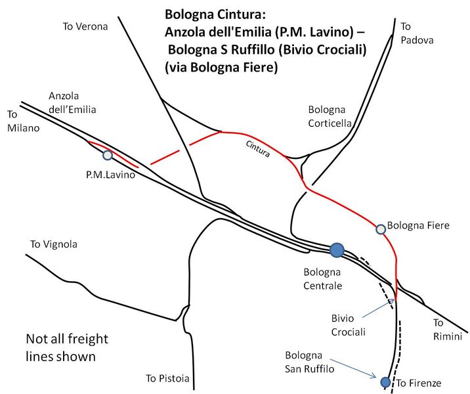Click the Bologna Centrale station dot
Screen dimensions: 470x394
(337, 250)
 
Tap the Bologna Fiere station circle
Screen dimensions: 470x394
(381, 229)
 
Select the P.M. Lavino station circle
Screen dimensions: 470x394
(108, 155)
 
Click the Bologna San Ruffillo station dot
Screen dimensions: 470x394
(385, 382)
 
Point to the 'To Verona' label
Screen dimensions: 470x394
(85, 26)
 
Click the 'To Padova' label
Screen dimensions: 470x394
(417, 33)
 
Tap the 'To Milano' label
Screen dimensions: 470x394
(24, 121)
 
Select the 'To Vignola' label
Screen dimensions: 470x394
(54, 244)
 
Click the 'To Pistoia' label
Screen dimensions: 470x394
(167, 378)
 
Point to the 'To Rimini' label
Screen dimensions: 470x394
(448, 330)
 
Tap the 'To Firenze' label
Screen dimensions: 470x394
(419, 383)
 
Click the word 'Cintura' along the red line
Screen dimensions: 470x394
(258, 148)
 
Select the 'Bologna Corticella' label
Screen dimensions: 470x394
(330, 116)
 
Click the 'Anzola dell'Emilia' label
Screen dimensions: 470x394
(72, 102)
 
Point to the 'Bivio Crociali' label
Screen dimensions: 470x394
(349, 325)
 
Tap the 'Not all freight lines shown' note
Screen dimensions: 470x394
(67, 347)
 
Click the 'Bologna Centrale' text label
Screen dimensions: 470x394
(322, 279)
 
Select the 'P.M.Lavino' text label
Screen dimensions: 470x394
(110, 175)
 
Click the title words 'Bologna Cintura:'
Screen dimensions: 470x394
(215, 14)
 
